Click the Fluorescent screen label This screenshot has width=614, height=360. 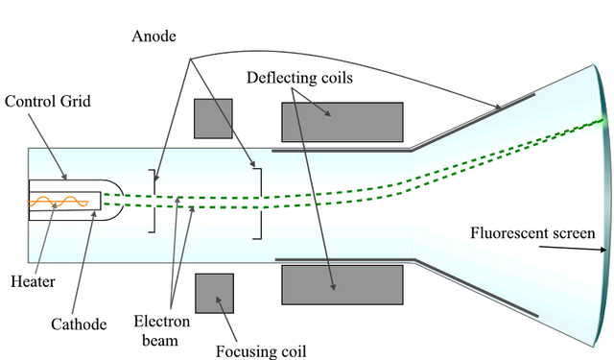coord(532,232)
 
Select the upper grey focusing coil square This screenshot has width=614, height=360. coord(213,118)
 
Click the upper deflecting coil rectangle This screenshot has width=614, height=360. coord(342,122)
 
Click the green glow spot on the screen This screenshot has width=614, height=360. coord(602,120)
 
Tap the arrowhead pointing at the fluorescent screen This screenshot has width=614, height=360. coord(603,251)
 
